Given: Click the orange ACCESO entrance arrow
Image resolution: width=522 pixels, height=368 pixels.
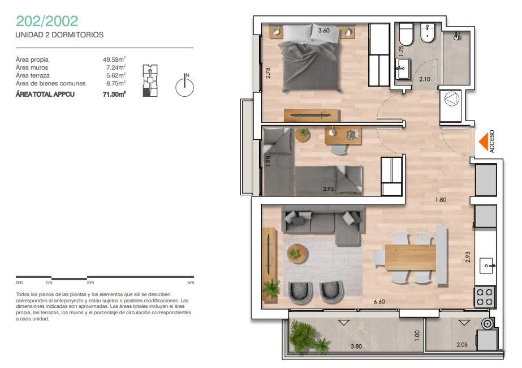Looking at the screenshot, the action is click(484, 142).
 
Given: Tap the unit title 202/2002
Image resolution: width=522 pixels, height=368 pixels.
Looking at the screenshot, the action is click(47, 21).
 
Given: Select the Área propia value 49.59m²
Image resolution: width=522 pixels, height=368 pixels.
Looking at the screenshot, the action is click(114, 59).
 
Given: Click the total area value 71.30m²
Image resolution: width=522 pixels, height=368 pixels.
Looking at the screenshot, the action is click(114, 95).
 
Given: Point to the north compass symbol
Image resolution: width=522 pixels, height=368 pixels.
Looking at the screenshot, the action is click(185, 85).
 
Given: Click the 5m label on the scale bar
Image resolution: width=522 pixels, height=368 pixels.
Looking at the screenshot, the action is click(191, 283).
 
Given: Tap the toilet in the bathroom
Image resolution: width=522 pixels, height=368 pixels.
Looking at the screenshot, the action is click(406, 34).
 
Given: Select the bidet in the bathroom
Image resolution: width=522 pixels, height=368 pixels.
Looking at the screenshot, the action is click(428, 33).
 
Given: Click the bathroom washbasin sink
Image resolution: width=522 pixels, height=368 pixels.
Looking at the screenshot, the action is click(403, 69).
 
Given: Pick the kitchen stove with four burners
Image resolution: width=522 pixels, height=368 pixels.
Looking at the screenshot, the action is click(484, 297).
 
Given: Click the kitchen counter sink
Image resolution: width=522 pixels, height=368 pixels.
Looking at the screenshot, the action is click(488, 266).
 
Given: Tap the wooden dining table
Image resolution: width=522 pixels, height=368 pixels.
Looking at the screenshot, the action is click(411, 258).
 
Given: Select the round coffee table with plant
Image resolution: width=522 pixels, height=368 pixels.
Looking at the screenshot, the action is click(297, 254).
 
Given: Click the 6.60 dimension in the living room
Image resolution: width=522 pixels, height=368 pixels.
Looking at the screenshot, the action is click(379, 302).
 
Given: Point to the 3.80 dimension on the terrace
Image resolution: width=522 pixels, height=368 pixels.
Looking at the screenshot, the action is click(356, 346).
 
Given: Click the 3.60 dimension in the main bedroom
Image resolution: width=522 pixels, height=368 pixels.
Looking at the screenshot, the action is click(323, 31).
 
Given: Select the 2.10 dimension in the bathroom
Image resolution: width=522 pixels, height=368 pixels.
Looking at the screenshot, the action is click(425, 79).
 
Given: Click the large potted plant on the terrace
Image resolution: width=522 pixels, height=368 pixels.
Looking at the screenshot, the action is click(303, 335).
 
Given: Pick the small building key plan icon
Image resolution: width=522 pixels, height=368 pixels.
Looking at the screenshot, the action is click(150, 80).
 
